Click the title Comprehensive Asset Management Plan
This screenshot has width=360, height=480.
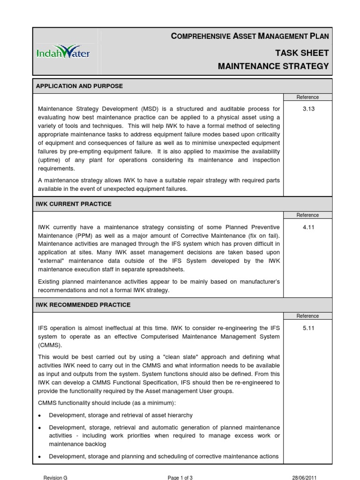tap(250, 36)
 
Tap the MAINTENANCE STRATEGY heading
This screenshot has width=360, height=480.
tap(273, 66)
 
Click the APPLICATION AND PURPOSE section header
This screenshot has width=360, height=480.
tap(79, 86)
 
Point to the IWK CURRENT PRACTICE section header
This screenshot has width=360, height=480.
tap(74, 204)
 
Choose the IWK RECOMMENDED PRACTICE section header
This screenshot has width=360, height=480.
tap(83, 305)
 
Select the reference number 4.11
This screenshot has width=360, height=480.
tap(307, 227)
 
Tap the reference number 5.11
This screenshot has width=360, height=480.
tap(307, 328)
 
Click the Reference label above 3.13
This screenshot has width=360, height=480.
tap(307, 97)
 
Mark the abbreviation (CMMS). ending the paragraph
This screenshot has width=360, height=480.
tap(49, 345)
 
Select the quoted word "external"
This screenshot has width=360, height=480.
tap(52, 261)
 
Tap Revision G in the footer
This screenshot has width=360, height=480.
tap(55, 477)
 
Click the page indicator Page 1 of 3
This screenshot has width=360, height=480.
tap(180, 477)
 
